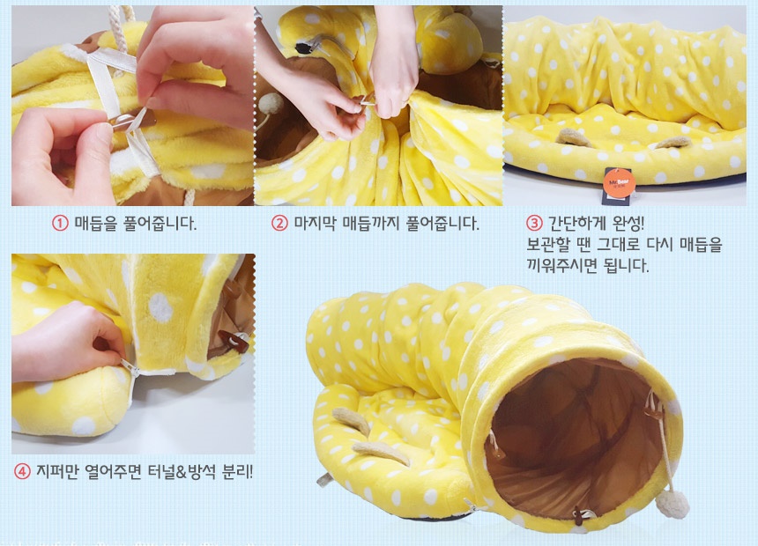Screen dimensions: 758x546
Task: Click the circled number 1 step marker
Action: (x=60, y=223)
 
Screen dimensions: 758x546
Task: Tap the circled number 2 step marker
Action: (x=279, y=223)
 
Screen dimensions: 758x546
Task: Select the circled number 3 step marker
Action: (x=534, y=223)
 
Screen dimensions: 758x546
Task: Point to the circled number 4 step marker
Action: (x=22, y=471)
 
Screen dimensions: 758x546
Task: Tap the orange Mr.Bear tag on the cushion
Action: (x=617, y=184)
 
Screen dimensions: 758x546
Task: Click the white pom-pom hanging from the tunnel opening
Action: (x=673, y=504)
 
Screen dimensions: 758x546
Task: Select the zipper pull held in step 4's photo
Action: (x=129, y=367)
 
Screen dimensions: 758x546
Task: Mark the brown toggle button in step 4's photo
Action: (x=234, y=340)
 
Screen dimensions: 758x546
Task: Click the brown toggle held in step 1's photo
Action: (x=132, y=121)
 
